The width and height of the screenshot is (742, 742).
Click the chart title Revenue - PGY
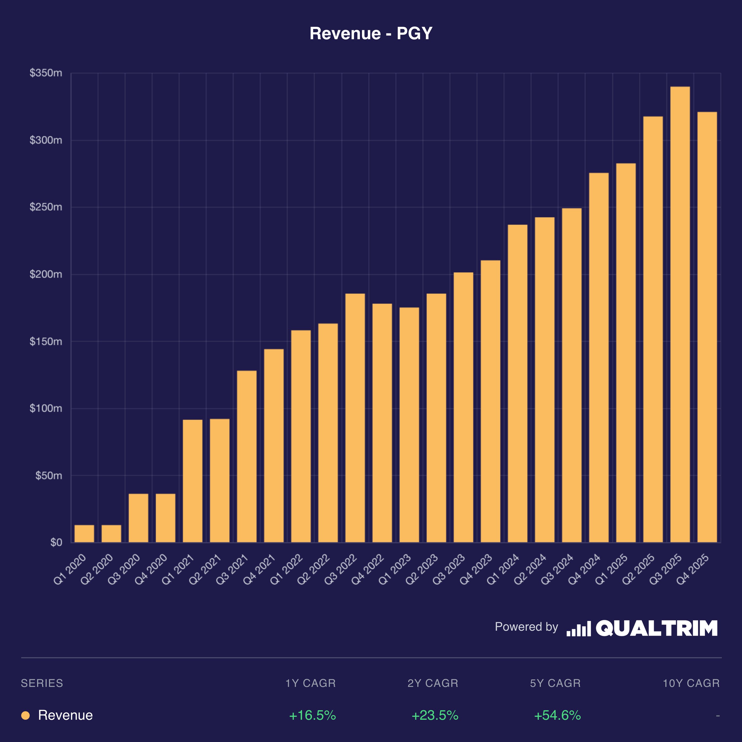pyautogui.click(x=371, y=33)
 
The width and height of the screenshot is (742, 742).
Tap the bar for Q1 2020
pyautogui.click(x=84, y=533)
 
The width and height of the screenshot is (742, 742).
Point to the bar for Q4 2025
pyautogui.click(x=707, y=327)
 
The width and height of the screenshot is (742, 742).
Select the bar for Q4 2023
pyautogui.click(x=491, y=401)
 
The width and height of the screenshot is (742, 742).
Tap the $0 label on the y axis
pyautogui.click(x=56, y=542)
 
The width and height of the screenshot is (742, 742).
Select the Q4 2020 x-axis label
pyautogui.click(x=151, y=569)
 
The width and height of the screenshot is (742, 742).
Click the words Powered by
pyautogui.click(x=526, y=627)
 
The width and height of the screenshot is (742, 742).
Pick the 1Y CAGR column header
pyautogui.click(x=310, y=683)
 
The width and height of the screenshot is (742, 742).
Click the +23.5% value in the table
pyautogui.click(x=435, y=715)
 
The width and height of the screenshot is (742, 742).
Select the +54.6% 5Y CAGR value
pyautogui.click(x=557, y=715)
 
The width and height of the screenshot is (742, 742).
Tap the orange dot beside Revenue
pyautogui.click(x=25, y=715)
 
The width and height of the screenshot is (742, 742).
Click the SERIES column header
pyautogui.click(x=42, y=683)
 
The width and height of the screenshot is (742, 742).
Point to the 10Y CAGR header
pyautogui.click(x=691, y=683)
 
